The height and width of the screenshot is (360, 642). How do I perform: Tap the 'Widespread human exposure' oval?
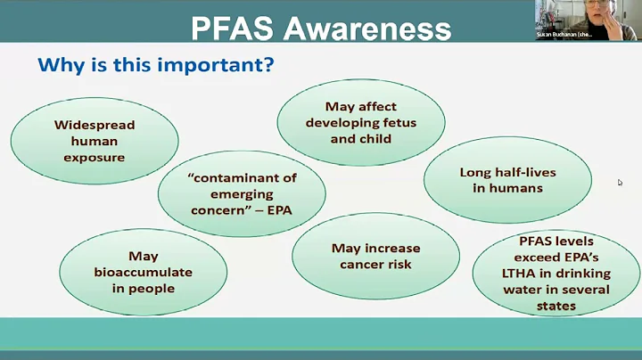click(x=95, y=141)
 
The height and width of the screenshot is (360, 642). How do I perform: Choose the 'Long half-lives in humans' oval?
click(x=507, y=180)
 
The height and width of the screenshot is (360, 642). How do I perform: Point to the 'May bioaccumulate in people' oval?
click(x=143, y=272)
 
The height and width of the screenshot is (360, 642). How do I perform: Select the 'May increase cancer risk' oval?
click(x=375, y=257)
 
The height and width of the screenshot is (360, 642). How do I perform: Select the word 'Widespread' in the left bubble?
click(x=95, y=125)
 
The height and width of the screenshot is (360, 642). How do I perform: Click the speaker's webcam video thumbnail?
click(x=588, y=20)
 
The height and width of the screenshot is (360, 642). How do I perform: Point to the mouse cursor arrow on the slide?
click(x=620, y=183)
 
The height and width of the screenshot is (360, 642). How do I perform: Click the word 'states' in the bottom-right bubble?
click(x=550, y=306)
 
